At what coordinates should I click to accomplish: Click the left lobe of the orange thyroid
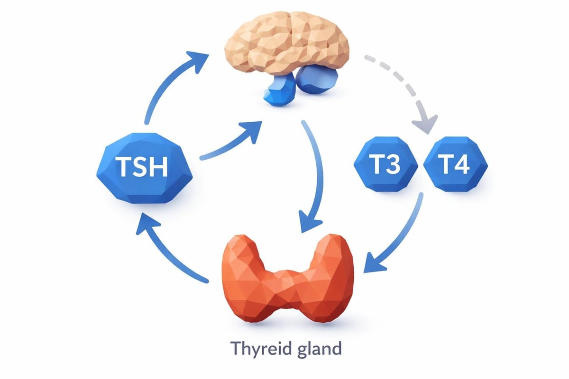pyautogui.click(x=244, y=275)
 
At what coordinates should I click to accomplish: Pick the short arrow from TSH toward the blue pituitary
pyautogui.click(x=228, y=142)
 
